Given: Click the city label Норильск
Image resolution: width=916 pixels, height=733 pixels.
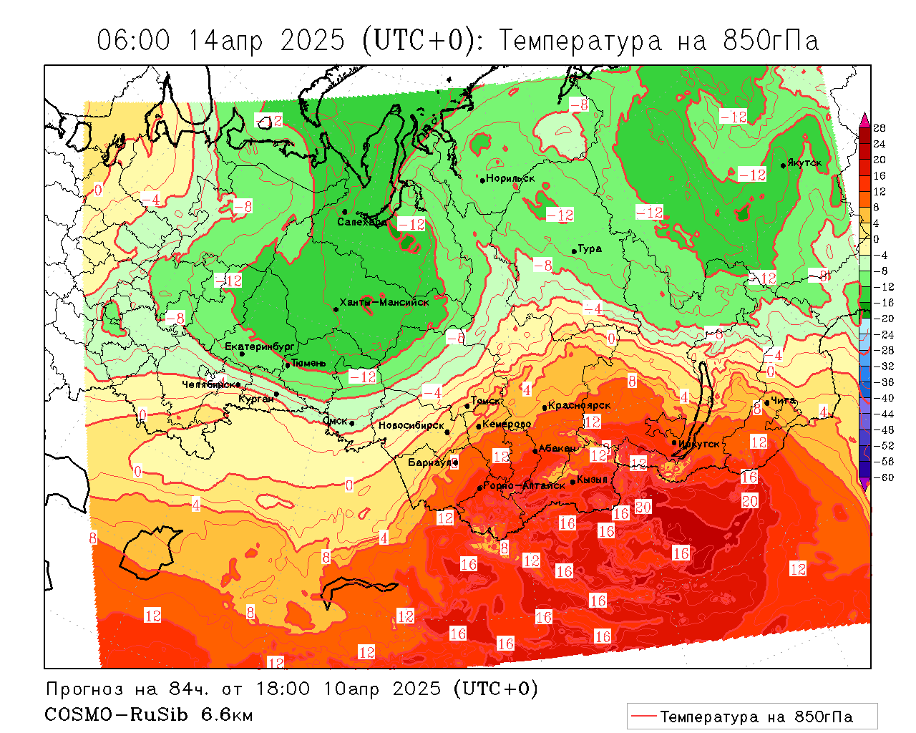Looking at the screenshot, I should (x=510, y=179).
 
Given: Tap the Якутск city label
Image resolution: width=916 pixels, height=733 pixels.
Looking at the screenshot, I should (x=804, y=163).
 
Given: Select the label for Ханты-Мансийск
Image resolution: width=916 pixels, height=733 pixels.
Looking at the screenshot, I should (x=384, y=303).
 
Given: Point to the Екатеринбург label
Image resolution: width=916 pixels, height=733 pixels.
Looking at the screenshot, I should (x=260, y=346).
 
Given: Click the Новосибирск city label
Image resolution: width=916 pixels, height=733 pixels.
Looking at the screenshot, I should (x=411, y=425).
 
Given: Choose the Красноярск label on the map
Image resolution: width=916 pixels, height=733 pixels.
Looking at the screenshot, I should (x=580, y=406).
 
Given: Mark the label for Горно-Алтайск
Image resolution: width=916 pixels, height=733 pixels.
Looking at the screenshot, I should (x=525, y=485).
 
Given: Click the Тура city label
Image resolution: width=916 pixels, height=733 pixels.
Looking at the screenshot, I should (x=590, y=249).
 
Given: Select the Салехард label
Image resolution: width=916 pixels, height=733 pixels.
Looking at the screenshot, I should (x=362, y=222).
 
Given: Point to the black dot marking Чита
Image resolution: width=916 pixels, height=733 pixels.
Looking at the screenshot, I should (x=767, y=402).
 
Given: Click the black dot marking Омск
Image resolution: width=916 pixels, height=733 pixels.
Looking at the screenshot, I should (x=352, y=423).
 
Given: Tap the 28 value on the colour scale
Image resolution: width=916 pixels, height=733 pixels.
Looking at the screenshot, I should (x=880, y=128).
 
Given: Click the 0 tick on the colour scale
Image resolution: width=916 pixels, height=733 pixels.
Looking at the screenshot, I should (x=877, y=239).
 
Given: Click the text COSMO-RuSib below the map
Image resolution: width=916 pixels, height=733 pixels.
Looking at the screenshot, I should (x=118, y=714).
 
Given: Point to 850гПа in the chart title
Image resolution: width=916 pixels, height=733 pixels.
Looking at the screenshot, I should (x=771, y=41).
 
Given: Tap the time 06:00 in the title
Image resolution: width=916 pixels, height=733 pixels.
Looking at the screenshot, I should (x=134, y=41).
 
